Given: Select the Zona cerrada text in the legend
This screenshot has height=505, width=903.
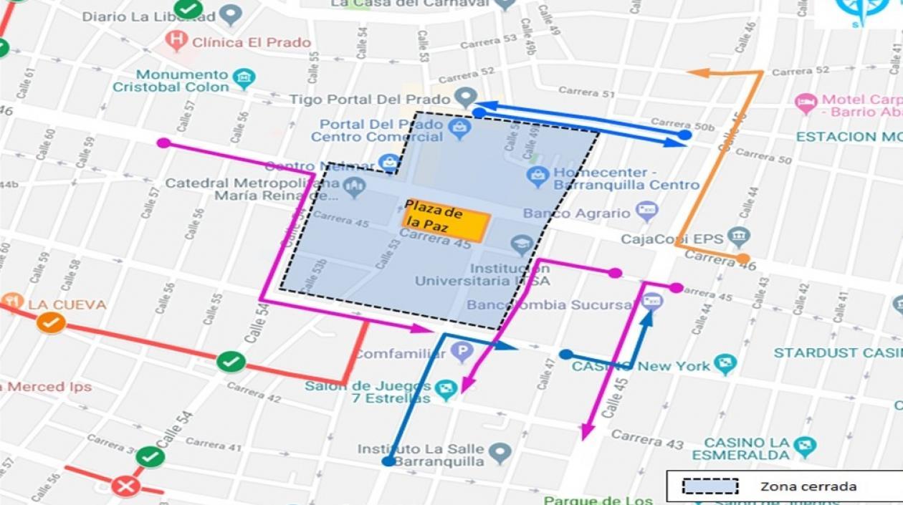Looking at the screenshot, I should [808, 486].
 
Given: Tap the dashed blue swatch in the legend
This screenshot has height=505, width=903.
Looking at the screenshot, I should [709, 486].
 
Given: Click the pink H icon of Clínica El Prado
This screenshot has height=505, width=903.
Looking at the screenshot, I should [176, 41].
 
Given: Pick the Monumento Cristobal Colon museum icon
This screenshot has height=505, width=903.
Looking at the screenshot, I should [244, 78].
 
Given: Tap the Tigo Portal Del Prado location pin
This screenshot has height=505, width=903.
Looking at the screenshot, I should [466, 97].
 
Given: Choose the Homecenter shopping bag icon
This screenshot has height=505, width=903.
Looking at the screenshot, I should [537, 174].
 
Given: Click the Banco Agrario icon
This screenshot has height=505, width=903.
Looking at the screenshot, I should [647, 211].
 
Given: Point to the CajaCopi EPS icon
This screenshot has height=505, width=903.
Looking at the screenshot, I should [737, 237].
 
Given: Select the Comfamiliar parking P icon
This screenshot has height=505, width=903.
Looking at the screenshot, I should [462, 352].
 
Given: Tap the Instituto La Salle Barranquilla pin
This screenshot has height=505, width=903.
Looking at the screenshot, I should [500, 453].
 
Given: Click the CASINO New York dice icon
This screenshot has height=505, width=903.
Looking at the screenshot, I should [725, 365].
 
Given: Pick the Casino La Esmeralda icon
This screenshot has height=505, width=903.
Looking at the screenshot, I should [804, 448].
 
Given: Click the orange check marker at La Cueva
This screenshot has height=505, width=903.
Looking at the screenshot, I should [51, 323].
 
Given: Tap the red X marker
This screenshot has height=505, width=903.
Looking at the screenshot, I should [125, 486].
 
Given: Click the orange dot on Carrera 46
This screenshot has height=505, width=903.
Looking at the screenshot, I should [743, 259].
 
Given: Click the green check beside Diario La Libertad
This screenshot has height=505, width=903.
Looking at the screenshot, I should [188, 9].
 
